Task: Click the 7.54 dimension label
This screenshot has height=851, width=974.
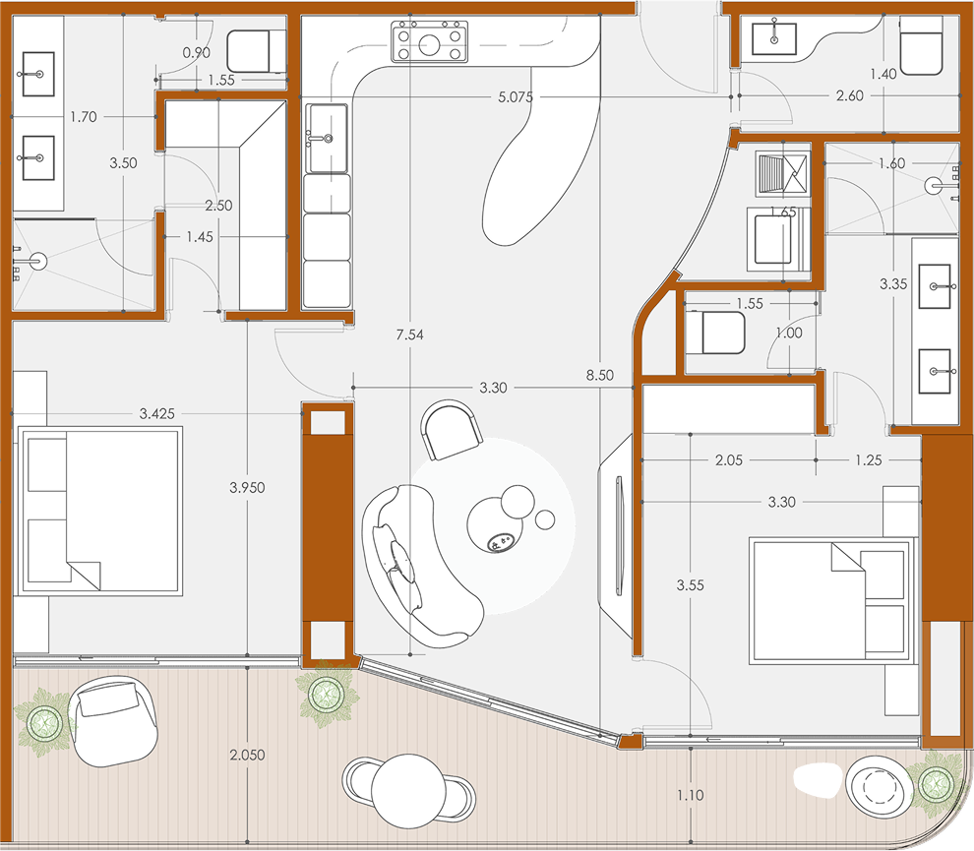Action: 409,334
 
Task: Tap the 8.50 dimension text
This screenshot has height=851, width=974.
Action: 599,375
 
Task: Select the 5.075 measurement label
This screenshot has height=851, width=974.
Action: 516,96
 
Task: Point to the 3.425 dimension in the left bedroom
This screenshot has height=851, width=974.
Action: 157,414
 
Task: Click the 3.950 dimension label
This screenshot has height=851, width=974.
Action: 247,488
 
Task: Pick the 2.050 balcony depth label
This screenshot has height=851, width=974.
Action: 247,755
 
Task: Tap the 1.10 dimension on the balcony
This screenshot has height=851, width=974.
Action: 690,795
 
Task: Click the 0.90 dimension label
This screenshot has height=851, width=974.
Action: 197,53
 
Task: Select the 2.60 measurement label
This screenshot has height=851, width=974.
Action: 850,95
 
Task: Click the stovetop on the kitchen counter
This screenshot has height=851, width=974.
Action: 429,41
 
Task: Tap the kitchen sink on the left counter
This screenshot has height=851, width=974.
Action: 327,138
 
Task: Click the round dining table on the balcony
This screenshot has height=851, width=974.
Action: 408,791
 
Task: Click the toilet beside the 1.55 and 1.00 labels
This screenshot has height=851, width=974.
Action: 714,333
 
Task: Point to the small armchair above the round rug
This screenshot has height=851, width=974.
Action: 452,430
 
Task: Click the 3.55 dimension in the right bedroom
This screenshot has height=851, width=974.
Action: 690,585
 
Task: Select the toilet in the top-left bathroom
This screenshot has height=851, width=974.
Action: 256,51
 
